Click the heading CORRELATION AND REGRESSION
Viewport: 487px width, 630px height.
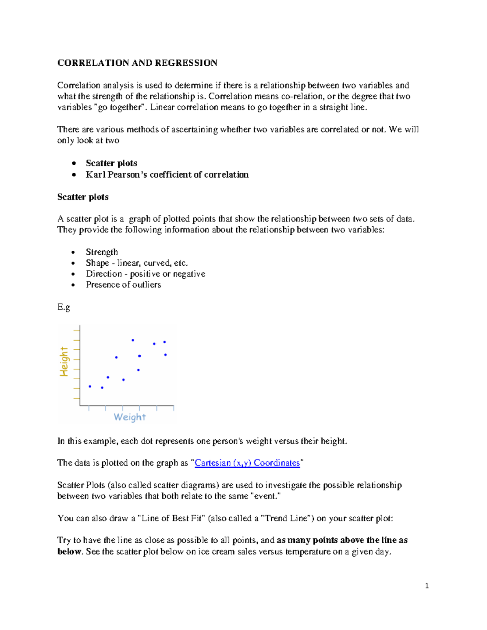coord(137,63)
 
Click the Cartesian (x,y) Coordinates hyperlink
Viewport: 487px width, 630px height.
coord(247,463)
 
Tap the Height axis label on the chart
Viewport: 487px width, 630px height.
coord(64,361)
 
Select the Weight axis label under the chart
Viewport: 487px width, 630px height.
coord(129,417)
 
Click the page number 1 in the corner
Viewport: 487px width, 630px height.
coord(427,585)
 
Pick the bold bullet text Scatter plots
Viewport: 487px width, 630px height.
coord(111,163)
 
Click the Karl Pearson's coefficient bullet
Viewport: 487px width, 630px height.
coord(167,174)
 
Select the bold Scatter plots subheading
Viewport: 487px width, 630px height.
coord(83,197)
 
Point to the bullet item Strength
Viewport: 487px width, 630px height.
coord(101,252)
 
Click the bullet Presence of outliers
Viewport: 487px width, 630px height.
coord(123,285)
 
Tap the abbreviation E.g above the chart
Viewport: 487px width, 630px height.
coord(64,307)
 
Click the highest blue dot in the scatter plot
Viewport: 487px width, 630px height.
coord(133,340)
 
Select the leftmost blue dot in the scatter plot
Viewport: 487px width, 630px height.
coord(90,387)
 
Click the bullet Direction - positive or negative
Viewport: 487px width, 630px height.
coord(145,274)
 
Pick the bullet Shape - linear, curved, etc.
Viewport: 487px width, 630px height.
coord(136,263)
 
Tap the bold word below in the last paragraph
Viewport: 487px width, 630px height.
coord(69,552)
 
